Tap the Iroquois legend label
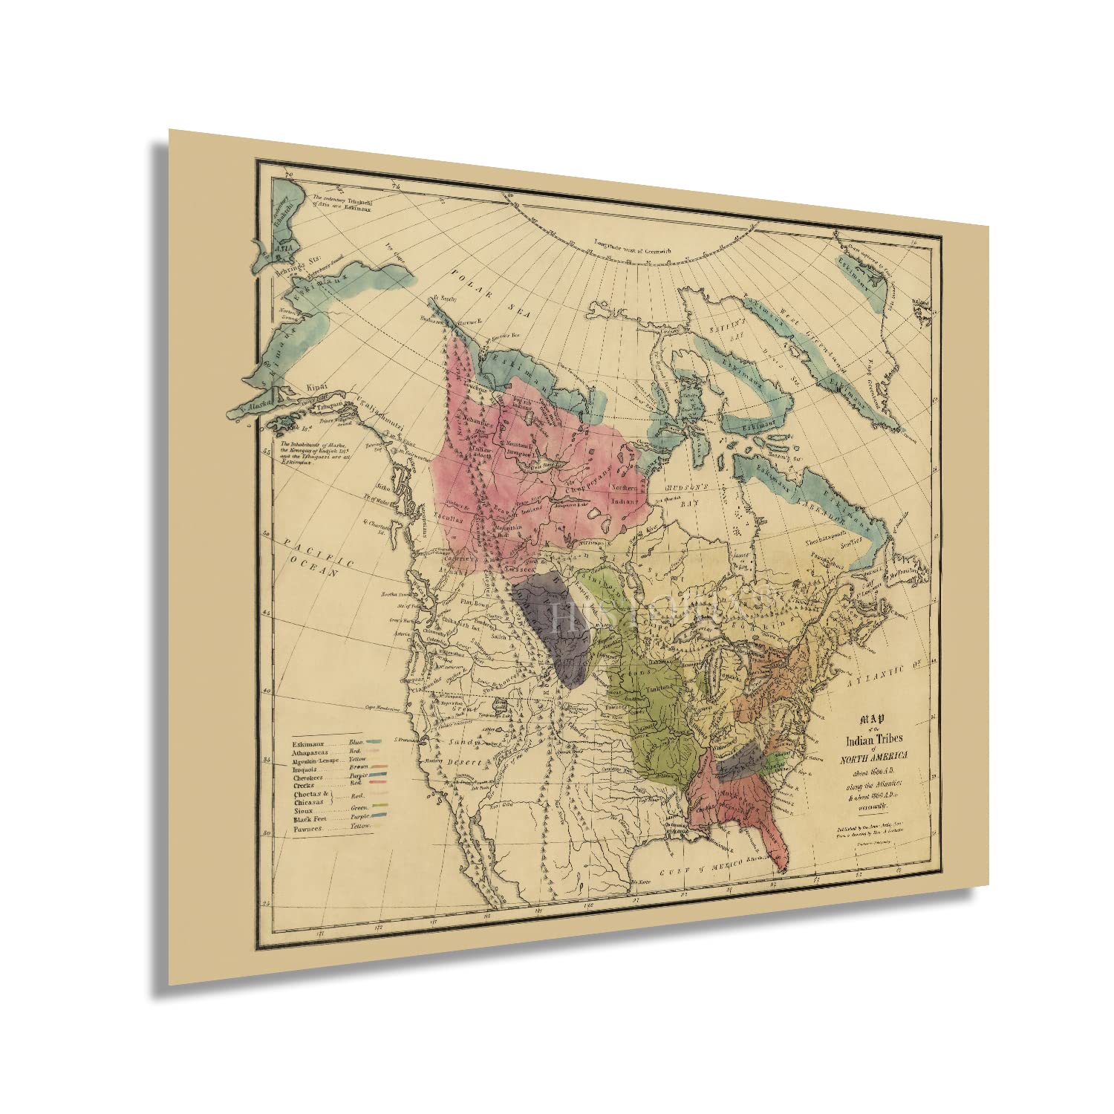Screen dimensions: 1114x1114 (305, 769)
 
